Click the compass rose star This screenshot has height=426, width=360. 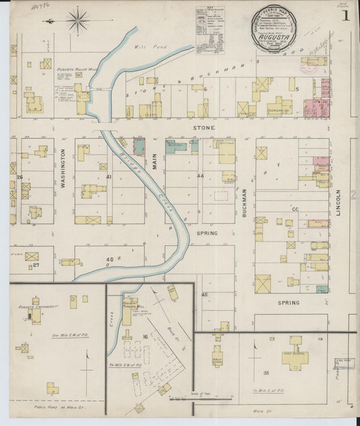pyautogui.click(x=78, y=20)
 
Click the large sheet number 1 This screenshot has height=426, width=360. pyautogui.click(x=346, y=15)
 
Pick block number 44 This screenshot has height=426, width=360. pyautogui.click(x=200, y=176)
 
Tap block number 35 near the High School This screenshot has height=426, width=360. pyautogui.click(x=266, y=372)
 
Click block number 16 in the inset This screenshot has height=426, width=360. pyautogui.click(x=145, y=335)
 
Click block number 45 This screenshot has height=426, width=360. pyautogui.click(x=204, y=294)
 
